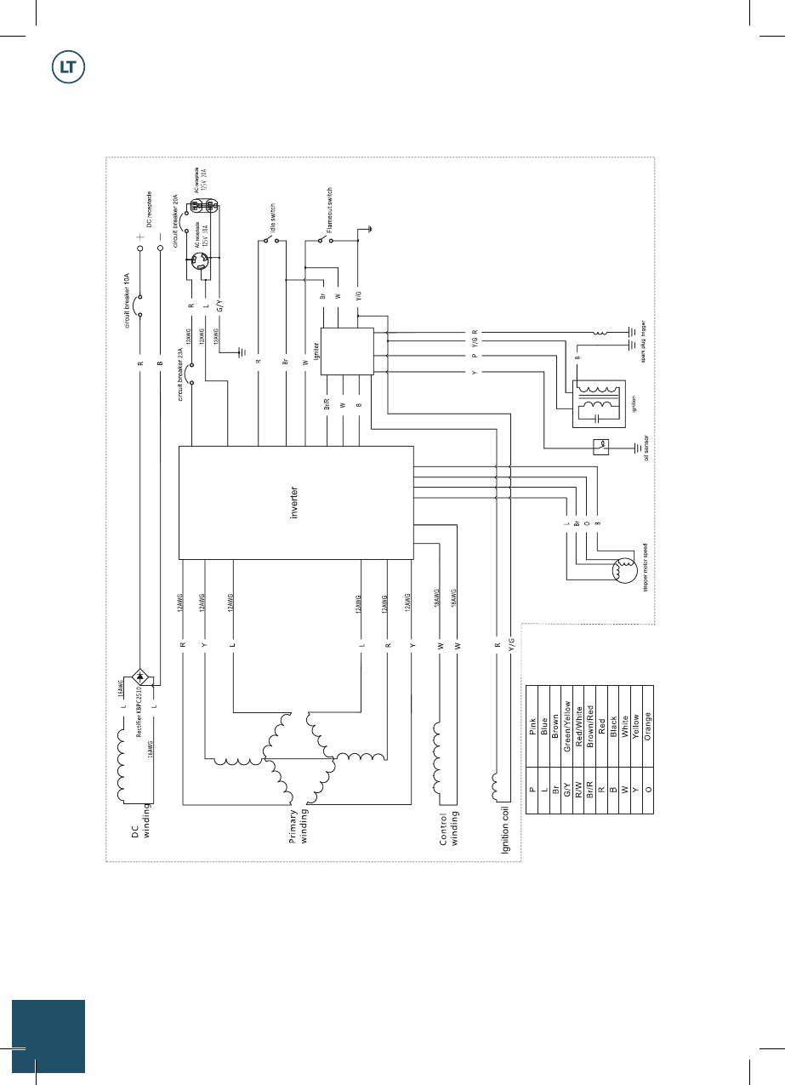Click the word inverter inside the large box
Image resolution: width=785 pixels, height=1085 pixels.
pos(294,503)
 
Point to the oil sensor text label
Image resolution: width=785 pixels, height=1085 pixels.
pos(648,447)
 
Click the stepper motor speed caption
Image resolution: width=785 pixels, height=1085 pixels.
pos(648,566)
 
